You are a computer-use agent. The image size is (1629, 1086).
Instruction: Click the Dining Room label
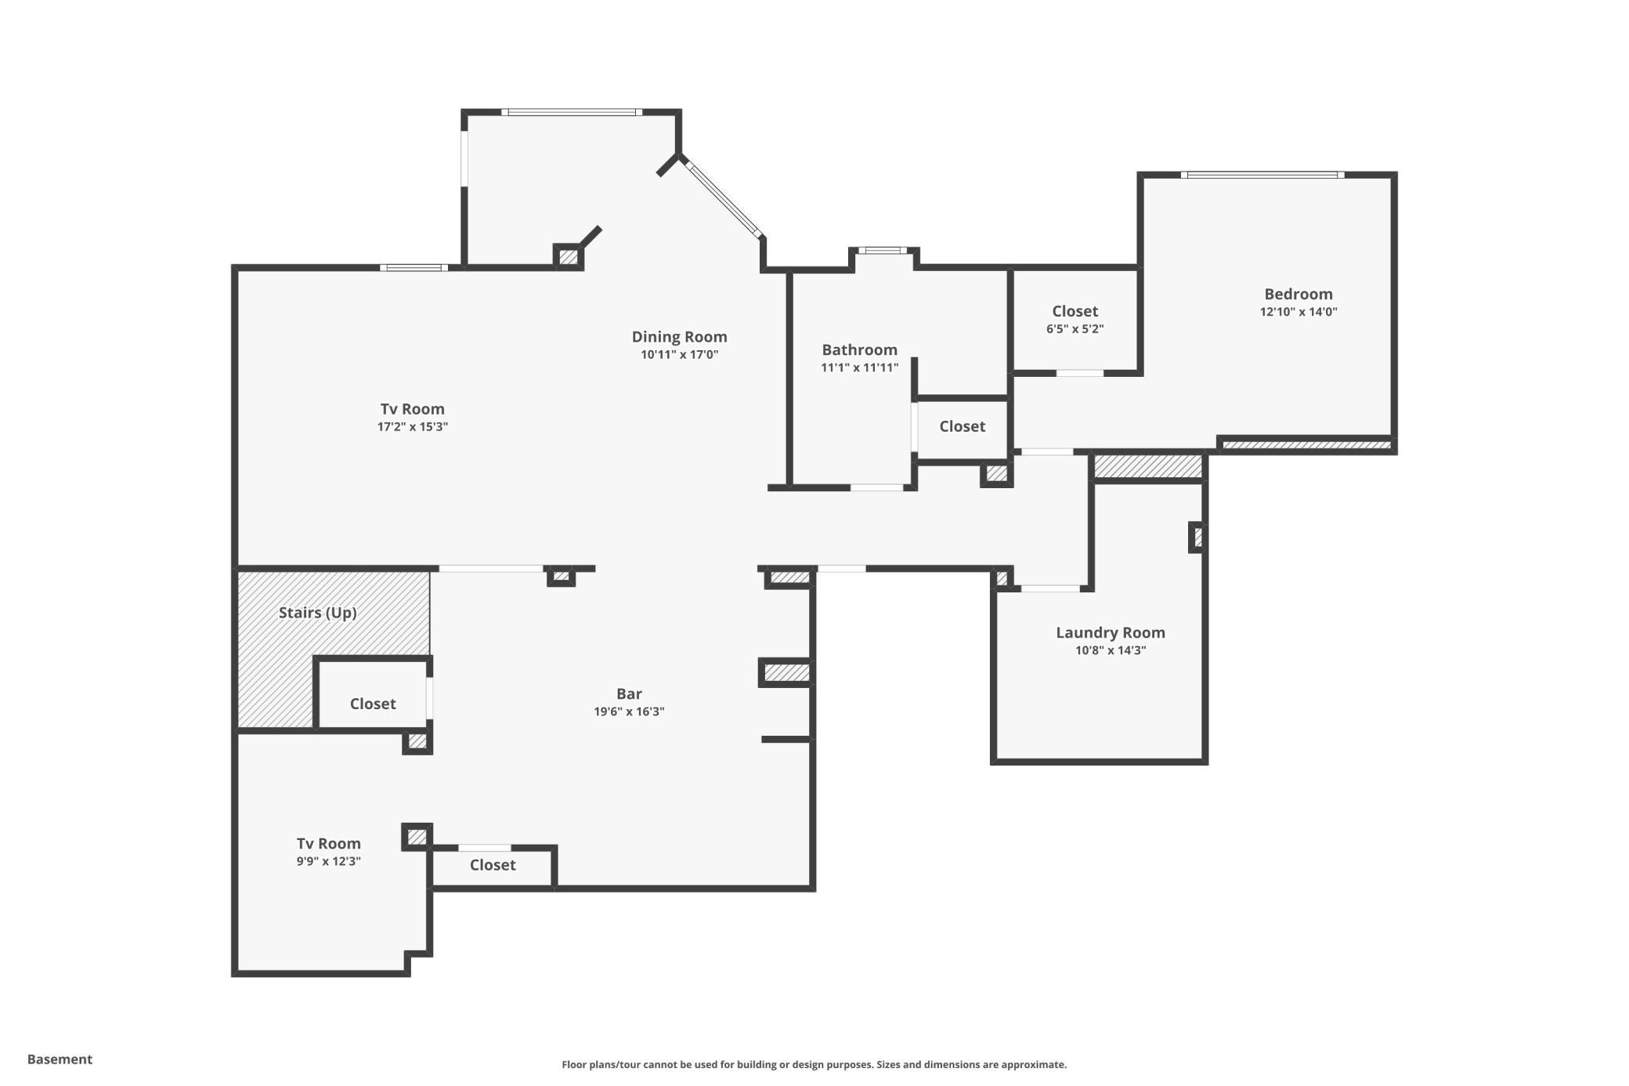click(679, 337)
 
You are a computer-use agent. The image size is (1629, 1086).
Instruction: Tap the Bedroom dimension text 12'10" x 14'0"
click(1298, 312)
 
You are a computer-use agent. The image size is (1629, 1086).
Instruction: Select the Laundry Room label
click(1110, 633)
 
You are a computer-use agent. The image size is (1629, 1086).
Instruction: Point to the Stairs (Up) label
click(317, 613)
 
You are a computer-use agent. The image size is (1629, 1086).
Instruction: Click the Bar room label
click(629, 693)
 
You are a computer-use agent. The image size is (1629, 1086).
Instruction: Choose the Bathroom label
click(859, 349)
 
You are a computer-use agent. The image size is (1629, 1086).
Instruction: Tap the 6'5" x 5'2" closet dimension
click(1075, 329)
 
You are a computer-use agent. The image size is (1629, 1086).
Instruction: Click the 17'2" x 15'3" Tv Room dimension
click(412, 427)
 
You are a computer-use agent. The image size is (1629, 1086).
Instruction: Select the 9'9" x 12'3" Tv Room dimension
click(328, 861)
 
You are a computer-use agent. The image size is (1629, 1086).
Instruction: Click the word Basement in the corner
click(60, 1059)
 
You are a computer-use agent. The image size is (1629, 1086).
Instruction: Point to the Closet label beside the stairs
click(373, 704)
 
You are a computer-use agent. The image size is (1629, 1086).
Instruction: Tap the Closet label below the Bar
click(493, 865)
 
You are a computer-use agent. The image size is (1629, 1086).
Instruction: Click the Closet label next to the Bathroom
click(962, 426)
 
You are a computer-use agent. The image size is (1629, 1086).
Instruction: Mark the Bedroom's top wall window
click(1262, 175)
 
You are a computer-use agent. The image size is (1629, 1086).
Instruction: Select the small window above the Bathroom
click(883, 251)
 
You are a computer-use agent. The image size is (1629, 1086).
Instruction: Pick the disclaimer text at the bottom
click(814, 1064)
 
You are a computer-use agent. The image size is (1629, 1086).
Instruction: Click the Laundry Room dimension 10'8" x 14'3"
click(1111, 650)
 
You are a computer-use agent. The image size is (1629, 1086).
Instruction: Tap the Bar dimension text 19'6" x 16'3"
click(629, 711)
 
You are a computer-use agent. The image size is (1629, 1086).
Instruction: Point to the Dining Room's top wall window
click(572, 112)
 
